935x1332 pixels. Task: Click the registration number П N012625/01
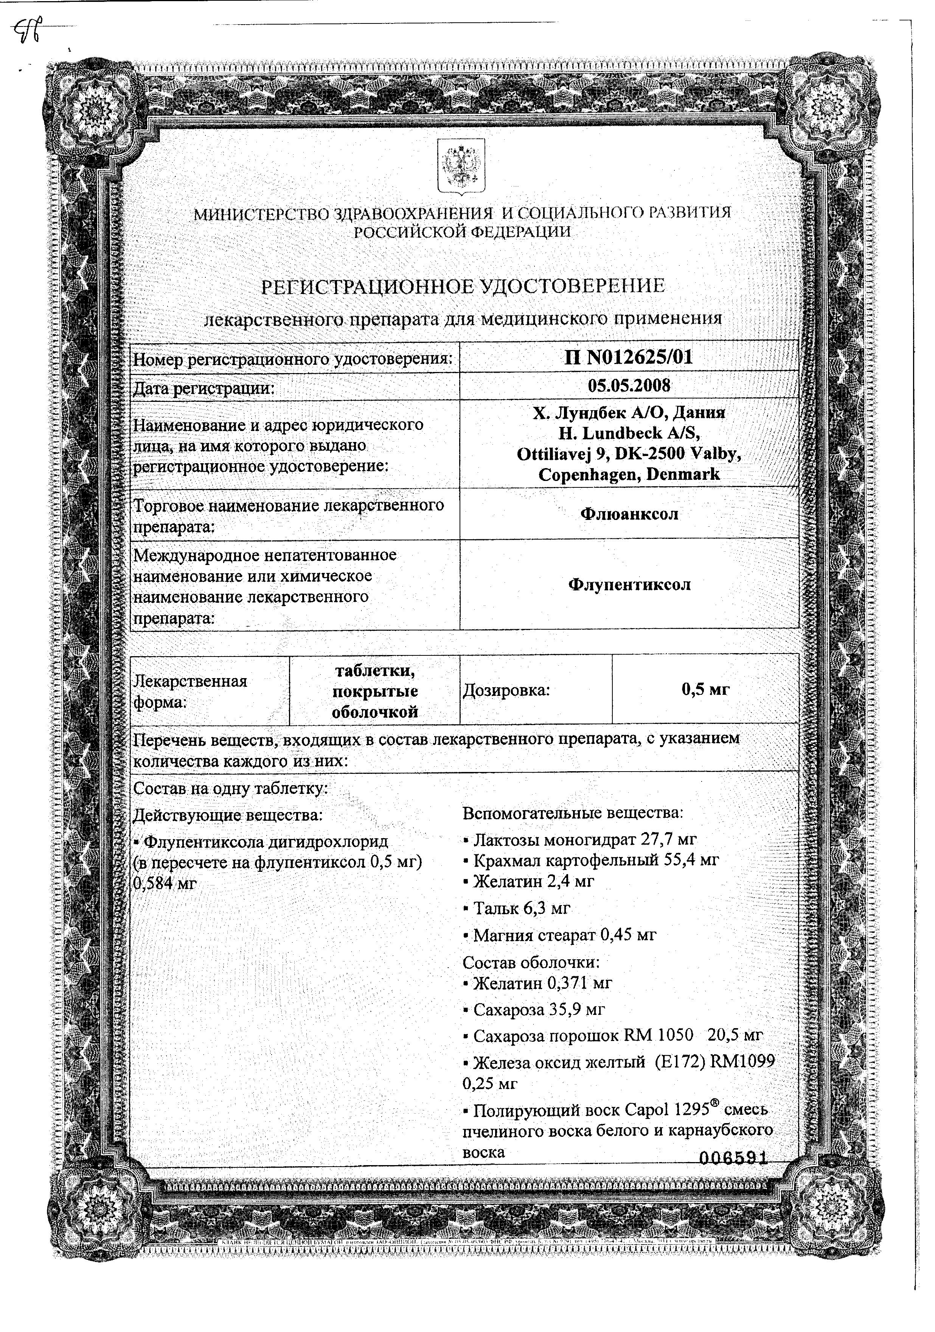629,357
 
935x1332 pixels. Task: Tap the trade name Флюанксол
629,514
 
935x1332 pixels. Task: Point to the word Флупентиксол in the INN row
629,585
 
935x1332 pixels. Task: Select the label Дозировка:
505,690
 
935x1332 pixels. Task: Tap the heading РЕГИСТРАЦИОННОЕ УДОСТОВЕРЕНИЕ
463,286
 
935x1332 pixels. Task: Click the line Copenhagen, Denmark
629,475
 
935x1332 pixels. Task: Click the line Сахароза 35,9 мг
538,1010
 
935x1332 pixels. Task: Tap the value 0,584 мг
165,884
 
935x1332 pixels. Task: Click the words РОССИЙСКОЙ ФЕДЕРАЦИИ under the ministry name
462,232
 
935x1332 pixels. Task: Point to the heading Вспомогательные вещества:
573,813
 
